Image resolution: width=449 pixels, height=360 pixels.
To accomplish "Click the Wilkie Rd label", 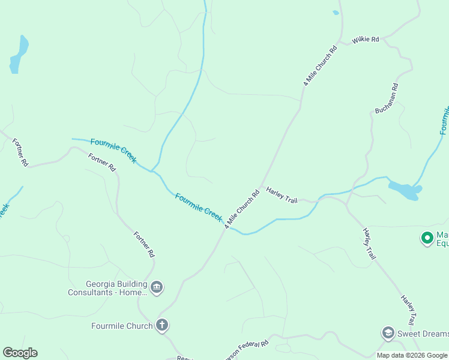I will (x=366, y=40).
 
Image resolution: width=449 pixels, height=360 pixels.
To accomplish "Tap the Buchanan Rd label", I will (x=387, y=98).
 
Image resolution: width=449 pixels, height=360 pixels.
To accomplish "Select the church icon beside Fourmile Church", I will (x=161, y=325).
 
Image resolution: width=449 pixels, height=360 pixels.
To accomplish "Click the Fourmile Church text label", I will (x=121, y=326).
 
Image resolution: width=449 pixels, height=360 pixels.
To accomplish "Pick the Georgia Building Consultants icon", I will (x=157, y=287).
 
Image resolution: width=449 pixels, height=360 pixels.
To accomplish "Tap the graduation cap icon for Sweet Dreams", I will (x=388, y=332).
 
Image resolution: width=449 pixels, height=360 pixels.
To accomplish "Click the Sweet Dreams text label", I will (x=423, y=334).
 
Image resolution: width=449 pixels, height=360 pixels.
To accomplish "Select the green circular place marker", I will (x=427, y=238).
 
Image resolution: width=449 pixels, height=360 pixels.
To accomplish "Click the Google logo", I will (x=20, y=353).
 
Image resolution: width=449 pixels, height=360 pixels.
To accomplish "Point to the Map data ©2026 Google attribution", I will (x=412, y=355).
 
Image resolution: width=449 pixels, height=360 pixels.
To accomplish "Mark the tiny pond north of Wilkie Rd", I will (x=336, y=13).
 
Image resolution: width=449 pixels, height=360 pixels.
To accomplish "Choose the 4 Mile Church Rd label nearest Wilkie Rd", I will (x=320, y=65).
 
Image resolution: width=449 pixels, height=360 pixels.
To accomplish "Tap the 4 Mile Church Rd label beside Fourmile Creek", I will (x=242, y=209).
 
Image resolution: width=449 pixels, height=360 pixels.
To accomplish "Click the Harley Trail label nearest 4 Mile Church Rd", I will (x=282, y=194).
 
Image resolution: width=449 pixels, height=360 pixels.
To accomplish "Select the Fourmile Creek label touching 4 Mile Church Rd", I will (x=199, y=206).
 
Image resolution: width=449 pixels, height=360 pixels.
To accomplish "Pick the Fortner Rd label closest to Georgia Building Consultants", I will (x=143, y=245).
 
